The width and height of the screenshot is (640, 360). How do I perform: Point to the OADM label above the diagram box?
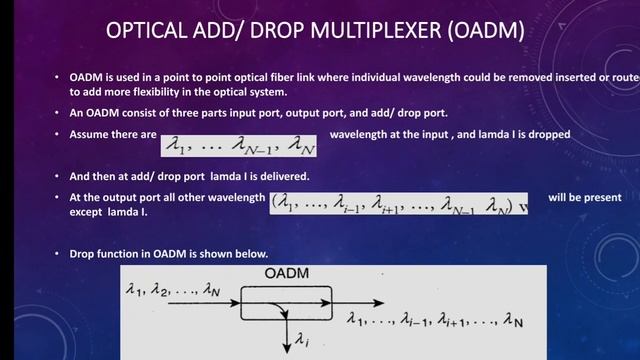[287, 273]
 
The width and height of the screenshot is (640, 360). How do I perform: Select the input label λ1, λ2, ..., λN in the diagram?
[173, 291]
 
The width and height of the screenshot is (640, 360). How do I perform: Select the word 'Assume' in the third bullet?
[90, 132]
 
